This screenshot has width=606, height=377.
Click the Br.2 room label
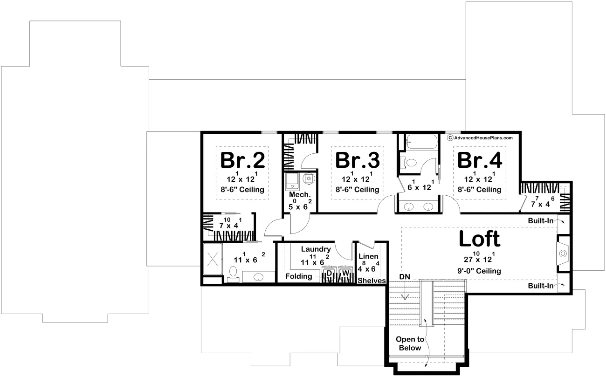click(243, 160)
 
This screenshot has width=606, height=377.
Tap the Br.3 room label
click(358, 160)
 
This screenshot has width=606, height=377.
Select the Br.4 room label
click(480, 160)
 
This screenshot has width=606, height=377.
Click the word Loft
click(480, 239)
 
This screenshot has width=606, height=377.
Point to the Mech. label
click(300, 195)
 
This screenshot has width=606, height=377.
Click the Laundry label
click(316, 249)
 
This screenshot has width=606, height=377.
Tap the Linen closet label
click(368, 256)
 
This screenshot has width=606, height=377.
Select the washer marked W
click(345, 274)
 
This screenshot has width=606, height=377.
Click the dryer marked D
click(329, 274)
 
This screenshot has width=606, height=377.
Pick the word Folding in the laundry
click(299, 276)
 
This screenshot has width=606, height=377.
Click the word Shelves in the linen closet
click(372, 281)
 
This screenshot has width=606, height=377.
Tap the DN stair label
click(405, 277)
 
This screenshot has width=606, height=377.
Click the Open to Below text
click(410, 343)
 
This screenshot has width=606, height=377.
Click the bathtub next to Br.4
click(422, 142)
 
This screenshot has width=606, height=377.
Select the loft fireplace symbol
click(563, 254)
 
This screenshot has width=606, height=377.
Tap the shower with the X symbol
click(213, 259)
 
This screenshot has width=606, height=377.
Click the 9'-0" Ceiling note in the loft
click(479, 271)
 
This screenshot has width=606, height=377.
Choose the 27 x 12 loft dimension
click(479, 257)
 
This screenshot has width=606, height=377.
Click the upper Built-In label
click(541, 221)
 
